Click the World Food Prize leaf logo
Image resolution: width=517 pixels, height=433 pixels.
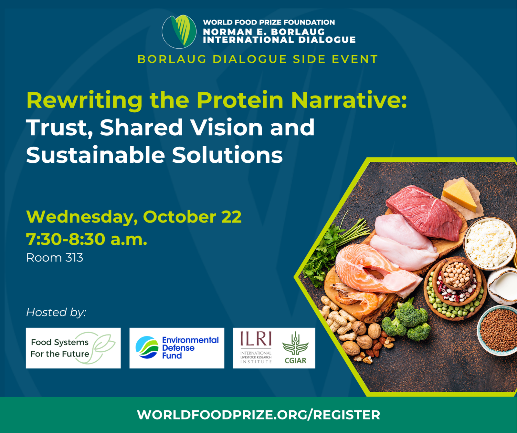click(179, 31)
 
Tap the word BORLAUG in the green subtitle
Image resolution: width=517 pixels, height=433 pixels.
click(172, 59)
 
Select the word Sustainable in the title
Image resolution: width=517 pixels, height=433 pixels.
click(95, 155)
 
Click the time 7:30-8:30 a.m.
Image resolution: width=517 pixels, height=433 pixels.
click(87, 239)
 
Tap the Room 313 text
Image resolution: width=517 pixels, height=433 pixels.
click(55, 258)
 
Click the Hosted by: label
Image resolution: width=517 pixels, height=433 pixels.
click(56, 312)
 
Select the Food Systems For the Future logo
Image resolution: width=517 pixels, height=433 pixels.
click(73, 348)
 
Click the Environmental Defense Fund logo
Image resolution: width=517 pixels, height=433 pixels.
click(177, 348)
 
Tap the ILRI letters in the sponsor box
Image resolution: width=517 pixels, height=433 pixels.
click(256, 339)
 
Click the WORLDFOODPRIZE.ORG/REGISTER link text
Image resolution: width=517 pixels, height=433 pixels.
click(258, 415)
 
